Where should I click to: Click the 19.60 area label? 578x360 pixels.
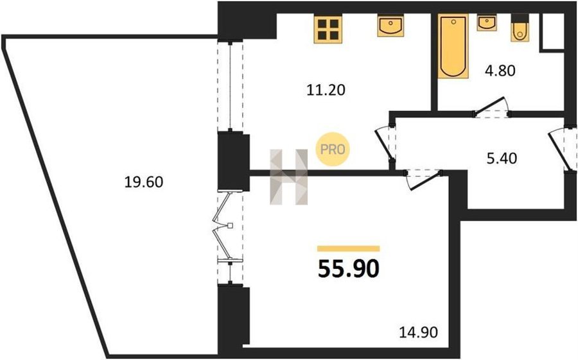tap(143, 182)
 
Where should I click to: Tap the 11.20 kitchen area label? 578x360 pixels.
tap(326, 90)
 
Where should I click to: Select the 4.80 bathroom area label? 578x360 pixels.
tap(500, 71)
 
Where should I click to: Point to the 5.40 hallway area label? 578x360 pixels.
tap(502, 159)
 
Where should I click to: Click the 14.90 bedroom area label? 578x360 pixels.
tap(419, 333)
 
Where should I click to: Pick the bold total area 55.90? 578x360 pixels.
tap(348, 269)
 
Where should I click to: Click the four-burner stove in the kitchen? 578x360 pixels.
tap(328, 29)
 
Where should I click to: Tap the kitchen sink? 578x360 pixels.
tap(390, 26)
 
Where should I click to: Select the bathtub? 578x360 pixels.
tap(453, 46)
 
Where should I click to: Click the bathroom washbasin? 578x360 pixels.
tap(487, 23)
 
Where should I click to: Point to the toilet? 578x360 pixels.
tap(520, 28)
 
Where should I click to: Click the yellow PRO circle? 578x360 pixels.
tap(333, 150)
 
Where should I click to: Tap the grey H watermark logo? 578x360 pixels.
tap(288, 177)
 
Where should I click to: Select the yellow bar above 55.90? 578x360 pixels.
tap(348, 249)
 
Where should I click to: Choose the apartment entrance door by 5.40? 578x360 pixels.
tap(562, 150)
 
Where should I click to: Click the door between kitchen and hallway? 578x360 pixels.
tap(385, 146)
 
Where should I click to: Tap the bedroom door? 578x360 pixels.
tap(424, 180)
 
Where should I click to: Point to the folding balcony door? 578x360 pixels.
tap(223, 227)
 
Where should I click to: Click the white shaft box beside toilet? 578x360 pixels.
tap(552, 31)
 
